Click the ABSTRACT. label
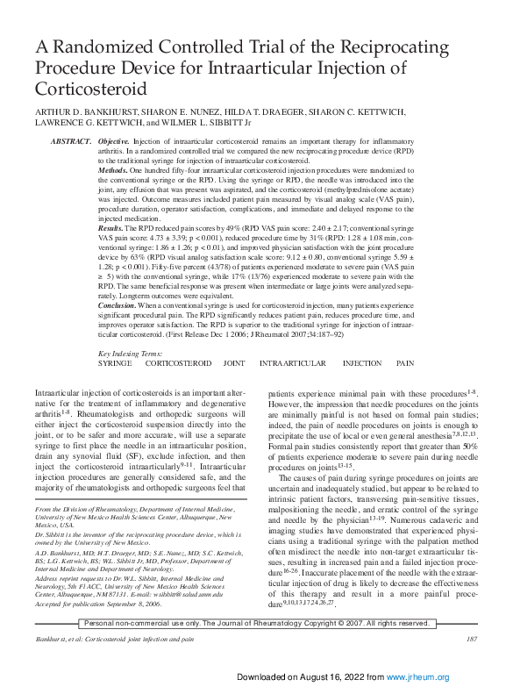pyautogui.click(x=71, y=141)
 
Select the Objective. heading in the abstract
pyautogui.click(x=114, y=141)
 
